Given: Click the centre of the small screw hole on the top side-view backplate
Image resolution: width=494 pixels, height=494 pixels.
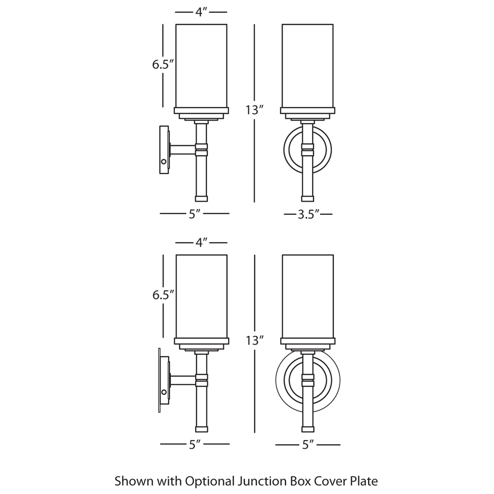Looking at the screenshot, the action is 164,162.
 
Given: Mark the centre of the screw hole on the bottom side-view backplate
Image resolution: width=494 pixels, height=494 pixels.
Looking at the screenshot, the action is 164,392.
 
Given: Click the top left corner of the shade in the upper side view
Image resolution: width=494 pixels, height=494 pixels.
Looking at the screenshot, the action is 176,24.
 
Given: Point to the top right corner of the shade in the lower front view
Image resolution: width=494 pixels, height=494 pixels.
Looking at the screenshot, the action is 333,255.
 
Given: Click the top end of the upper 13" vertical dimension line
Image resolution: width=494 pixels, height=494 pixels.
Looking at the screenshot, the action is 254,25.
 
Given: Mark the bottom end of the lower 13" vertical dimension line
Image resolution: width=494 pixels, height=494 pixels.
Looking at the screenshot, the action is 254,433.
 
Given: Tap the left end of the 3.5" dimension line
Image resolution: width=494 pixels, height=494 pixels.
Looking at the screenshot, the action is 284,214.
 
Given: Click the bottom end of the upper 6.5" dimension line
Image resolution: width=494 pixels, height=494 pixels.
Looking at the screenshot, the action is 163,107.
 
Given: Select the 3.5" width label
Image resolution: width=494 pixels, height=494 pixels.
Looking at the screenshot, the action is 309,214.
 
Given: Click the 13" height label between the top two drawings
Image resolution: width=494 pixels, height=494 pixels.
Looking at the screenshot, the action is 254,110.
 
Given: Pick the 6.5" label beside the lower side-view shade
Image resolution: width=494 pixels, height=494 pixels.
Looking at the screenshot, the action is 163,295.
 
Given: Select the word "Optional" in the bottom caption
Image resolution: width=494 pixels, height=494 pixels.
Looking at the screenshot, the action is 209,481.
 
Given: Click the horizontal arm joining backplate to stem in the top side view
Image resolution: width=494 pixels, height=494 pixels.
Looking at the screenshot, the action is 183,150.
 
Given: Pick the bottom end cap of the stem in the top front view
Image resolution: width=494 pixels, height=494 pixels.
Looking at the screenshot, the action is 307,199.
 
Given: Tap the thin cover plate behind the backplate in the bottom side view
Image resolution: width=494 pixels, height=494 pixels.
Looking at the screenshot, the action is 160,380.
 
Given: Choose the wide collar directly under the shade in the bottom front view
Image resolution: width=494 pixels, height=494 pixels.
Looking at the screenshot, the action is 308,341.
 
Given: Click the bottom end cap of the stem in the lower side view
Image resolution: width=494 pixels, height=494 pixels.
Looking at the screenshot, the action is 202,429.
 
